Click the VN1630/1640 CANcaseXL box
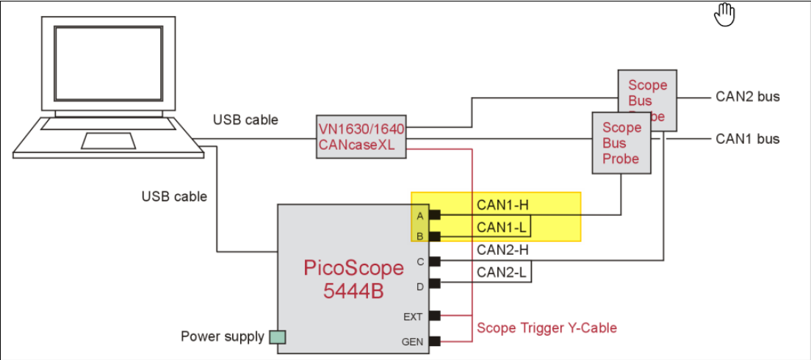point(361,136)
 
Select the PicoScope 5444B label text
point(353,278)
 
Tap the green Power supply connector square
point(277,337)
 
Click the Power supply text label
point(222,337)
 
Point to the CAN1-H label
point(503,204)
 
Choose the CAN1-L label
point(502,227)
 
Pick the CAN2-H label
point(503,250)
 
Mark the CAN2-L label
point(502,273)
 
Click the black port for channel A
point(434,215)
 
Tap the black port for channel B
point(434,237)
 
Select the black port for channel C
point(434,261)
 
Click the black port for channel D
point(434,283)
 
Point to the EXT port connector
point(434,315)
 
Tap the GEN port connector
point(434,341)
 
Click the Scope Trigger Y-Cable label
point(547,328)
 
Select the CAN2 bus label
point(747,96)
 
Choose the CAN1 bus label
point(747,139)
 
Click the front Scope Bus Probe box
point(621,143)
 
